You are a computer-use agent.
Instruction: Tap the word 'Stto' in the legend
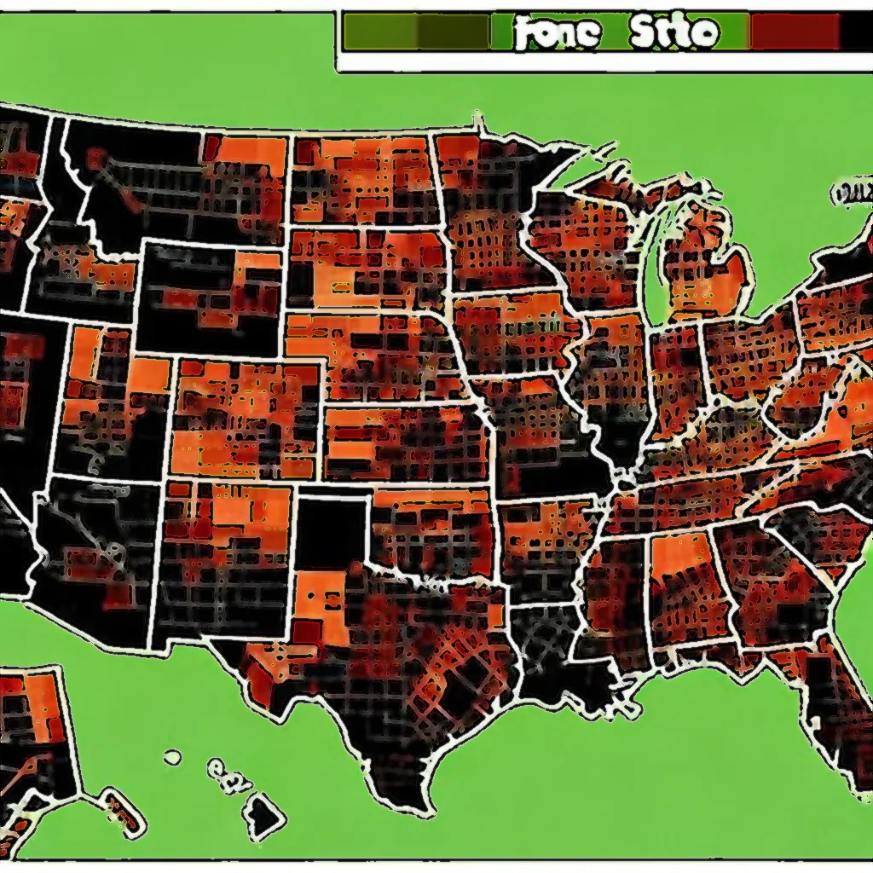(674, 32)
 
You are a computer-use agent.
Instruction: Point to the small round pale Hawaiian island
(173, 756)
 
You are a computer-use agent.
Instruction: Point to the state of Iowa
(512, 332)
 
